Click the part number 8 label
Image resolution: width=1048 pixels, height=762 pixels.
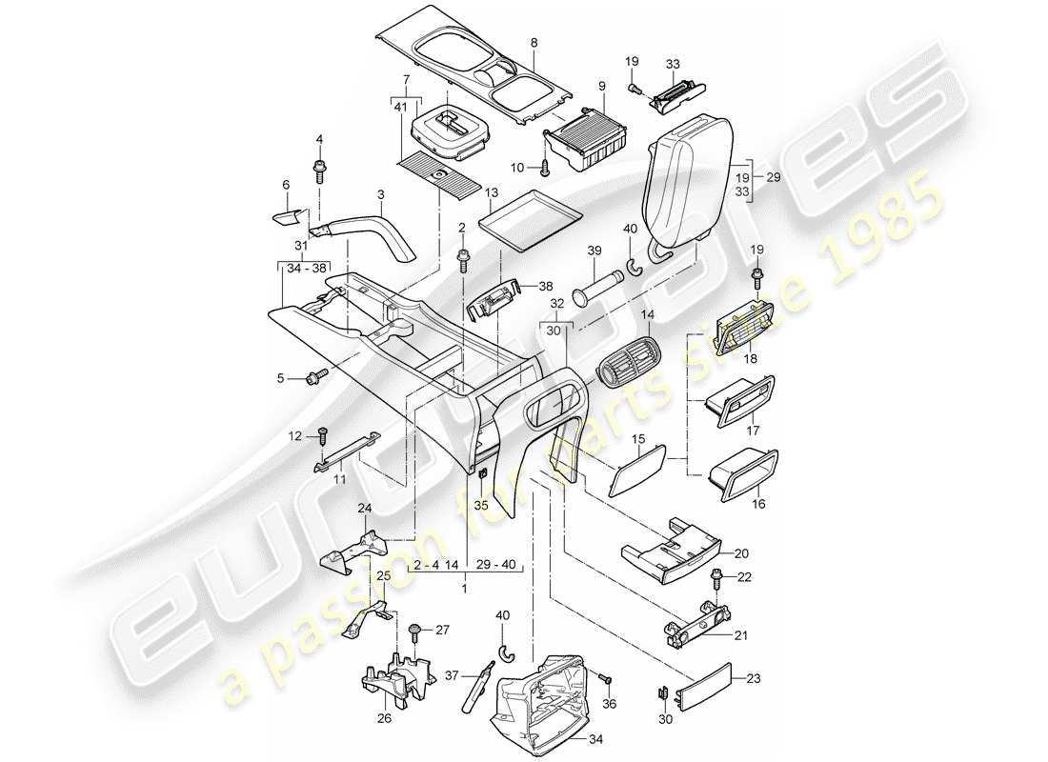534,43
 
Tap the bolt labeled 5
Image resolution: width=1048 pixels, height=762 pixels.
315,378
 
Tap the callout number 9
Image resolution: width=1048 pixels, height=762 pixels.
602,86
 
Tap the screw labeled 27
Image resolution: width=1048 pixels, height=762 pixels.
415,632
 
